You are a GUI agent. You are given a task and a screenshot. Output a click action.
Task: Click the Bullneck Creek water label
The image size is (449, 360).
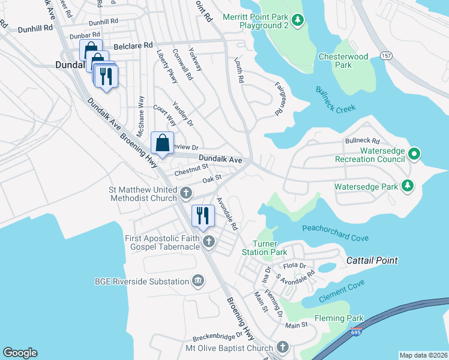[336, 99]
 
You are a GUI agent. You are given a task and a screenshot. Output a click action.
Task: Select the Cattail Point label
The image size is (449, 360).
[372, 261]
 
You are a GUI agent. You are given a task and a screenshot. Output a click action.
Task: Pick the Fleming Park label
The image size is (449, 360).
[339, 318]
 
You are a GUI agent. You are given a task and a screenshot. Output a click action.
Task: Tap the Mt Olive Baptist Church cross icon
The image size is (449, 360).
[283, 347]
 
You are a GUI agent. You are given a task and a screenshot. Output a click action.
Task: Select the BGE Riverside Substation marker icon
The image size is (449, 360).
[198, 281]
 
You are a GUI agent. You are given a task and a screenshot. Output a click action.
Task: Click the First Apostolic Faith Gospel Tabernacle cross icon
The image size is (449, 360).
[209, 241]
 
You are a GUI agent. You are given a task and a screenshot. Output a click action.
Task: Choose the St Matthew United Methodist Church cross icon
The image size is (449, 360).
[186, 193]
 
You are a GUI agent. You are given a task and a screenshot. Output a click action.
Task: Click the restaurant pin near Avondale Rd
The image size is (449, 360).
[202, 215]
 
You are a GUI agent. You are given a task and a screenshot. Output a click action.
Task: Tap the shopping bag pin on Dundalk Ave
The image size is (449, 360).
[162, 143]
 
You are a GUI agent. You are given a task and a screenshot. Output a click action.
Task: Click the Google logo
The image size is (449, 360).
[20, 353]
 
